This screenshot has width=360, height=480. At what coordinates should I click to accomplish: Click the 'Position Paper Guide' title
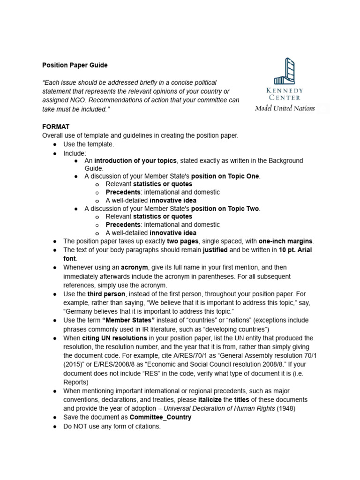(75, 65)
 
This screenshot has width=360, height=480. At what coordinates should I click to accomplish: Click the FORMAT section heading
(56, 127)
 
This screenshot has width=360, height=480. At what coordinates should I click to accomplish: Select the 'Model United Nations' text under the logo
(285, 108)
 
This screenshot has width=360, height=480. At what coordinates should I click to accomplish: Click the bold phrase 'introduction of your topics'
(135, 160)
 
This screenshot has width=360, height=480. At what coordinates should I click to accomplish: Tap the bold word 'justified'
(215, 250)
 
